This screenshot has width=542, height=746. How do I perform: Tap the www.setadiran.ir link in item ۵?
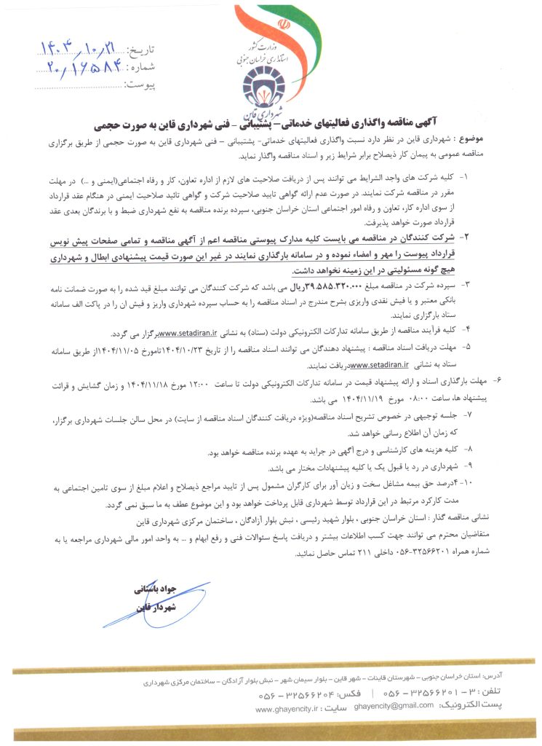coord(379,365)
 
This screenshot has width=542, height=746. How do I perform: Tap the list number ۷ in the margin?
coord(469,414)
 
